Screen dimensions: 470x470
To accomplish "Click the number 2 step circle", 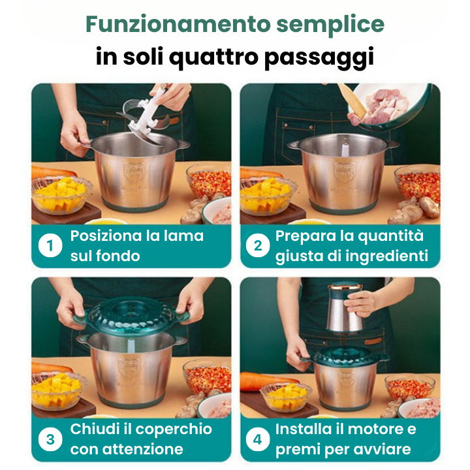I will click(257, 246).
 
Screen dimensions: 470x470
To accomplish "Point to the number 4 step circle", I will click(257, 439).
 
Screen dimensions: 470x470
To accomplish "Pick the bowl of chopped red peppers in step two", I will click(418, 183).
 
